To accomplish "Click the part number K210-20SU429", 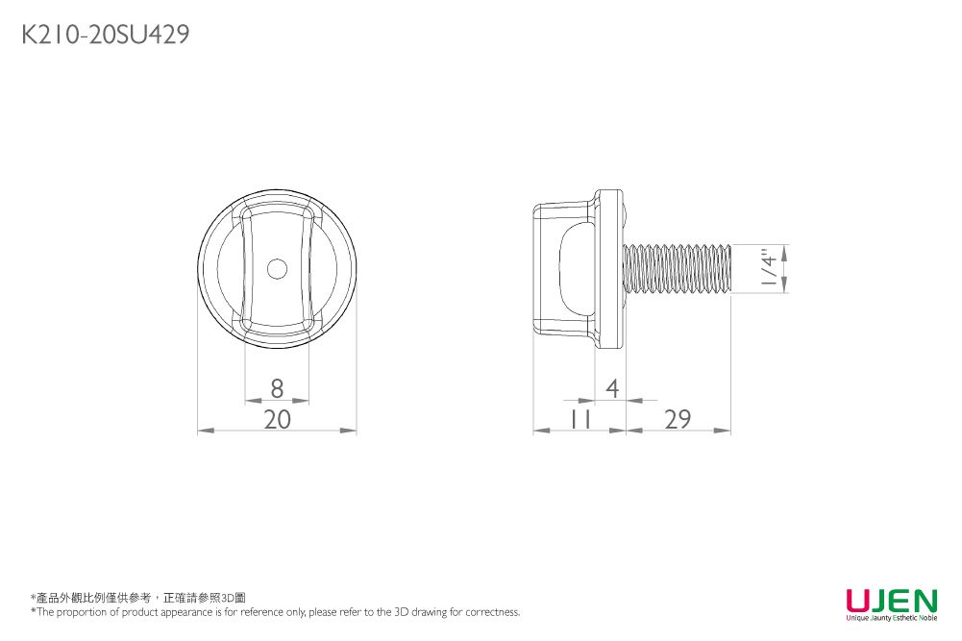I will (x=105, y=36).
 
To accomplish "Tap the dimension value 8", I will (x=278, y=388).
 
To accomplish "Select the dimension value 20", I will (x=277, y=419).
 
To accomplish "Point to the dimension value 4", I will (x=611, y=388).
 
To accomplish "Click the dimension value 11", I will (x=580, y=419).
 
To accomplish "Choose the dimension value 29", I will (x=678, y=419).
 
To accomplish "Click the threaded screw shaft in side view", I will (x=678, y=268).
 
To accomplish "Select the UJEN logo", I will (x=891, y=604).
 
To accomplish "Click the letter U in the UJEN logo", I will (x=857, y=600).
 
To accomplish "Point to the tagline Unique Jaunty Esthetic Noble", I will (x=891, y=618).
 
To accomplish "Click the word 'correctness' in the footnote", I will (x=493, y=612).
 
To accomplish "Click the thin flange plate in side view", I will (x=607, y=268).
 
